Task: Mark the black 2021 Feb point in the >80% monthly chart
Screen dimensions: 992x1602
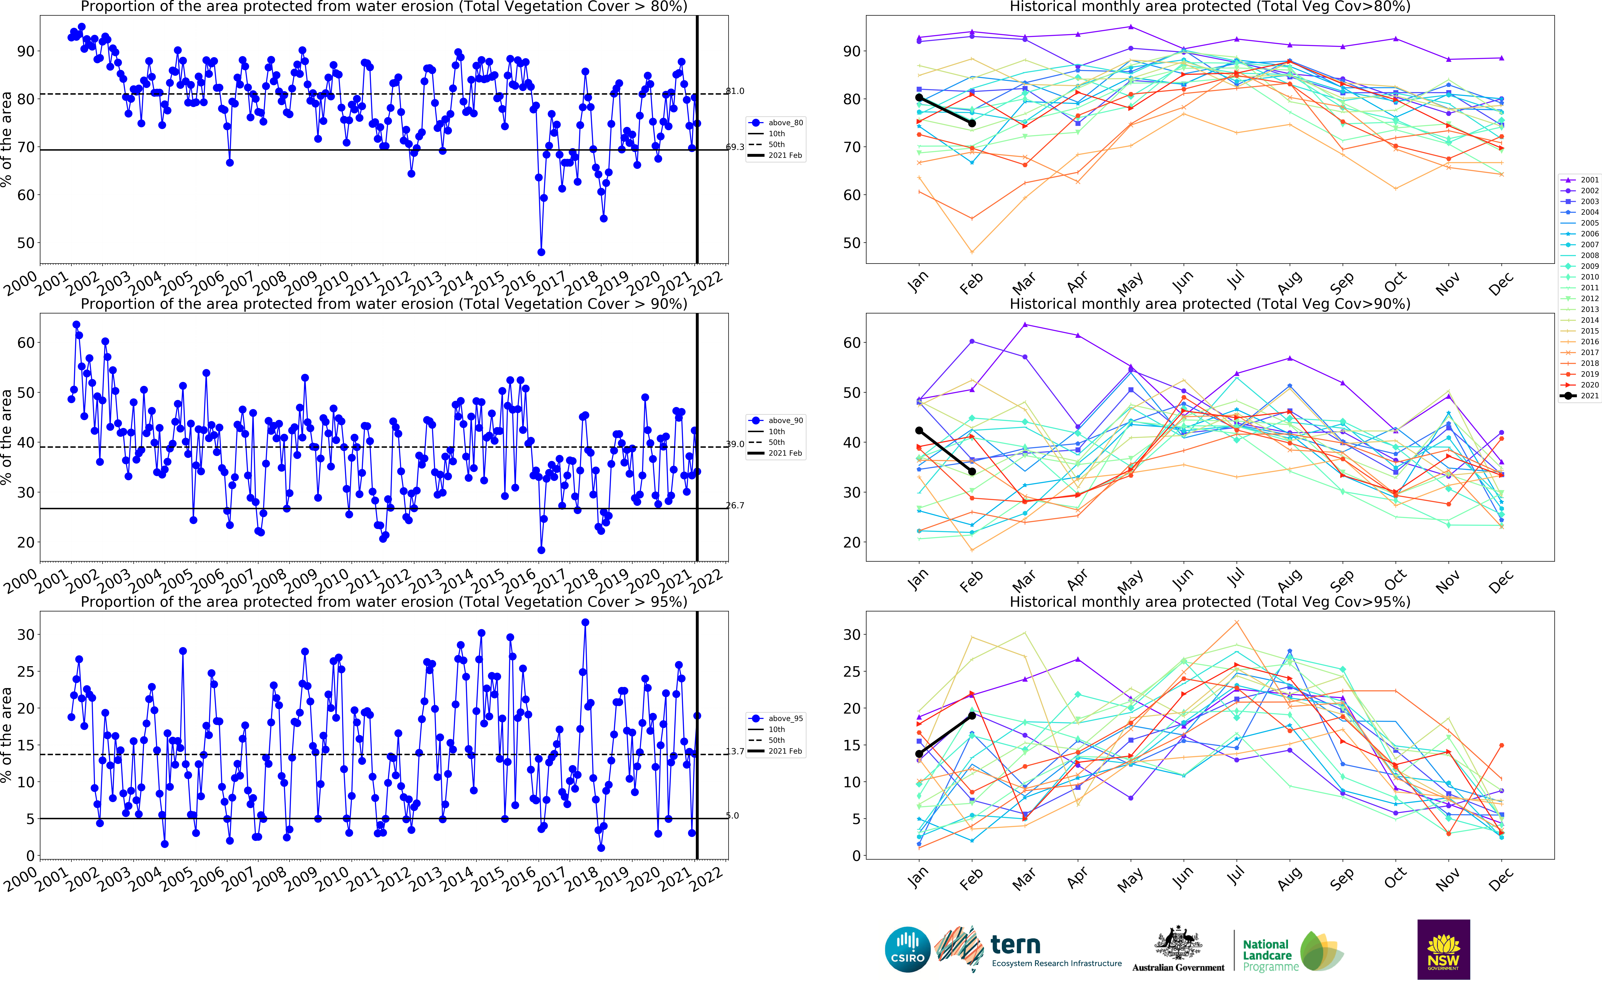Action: tap(972, 123)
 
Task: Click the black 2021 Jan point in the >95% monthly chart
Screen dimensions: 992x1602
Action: tap(919, 754)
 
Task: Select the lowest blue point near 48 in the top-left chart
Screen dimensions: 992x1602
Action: tap(541, 252)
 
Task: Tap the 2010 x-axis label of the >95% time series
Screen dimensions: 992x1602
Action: tap(332, 878)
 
